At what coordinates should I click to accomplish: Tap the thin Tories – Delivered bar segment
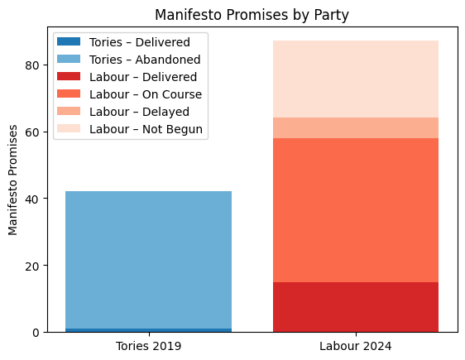click(148, 330)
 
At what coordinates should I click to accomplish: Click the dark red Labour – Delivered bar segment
click(356, 307)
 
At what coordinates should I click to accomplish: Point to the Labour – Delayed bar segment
click(356, 128)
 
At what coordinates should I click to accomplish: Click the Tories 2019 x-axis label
click(148, 345)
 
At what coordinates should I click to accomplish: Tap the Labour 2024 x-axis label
click(356, 345)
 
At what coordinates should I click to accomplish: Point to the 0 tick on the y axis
click(39, 333)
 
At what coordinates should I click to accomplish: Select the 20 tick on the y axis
click(36, 266)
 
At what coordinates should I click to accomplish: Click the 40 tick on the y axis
click(36, 199)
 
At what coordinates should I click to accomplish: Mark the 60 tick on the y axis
click(36, 132)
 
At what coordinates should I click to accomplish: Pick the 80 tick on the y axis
click(36, 65)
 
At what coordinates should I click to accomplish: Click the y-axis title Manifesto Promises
click(13, 180)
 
